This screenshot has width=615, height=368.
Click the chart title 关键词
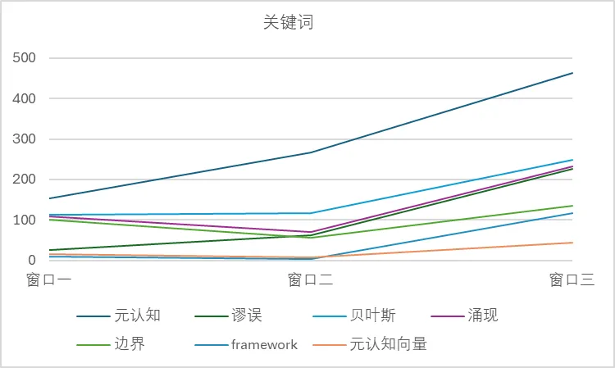click(288, 23)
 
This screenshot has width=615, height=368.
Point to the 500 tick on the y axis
click(25, 58)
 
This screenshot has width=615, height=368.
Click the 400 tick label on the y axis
click(25, 98)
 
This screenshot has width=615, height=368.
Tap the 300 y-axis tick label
click(25, 139)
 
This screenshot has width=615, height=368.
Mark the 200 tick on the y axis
click(25, 179)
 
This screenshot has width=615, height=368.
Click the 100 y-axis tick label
click(25, 220)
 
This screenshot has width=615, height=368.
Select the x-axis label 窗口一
click(49, 280)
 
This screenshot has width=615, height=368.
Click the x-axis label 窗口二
click(311, 280)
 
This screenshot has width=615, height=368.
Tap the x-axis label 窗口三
click(572, 280)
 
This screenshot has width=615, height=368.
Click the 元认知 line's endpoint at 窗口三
click(572, 73)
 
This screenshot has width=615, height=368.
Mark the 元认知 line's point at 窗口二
click(311, 152)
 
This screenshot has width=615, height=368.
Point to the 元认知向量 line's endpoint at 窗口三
click(572, 243)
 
